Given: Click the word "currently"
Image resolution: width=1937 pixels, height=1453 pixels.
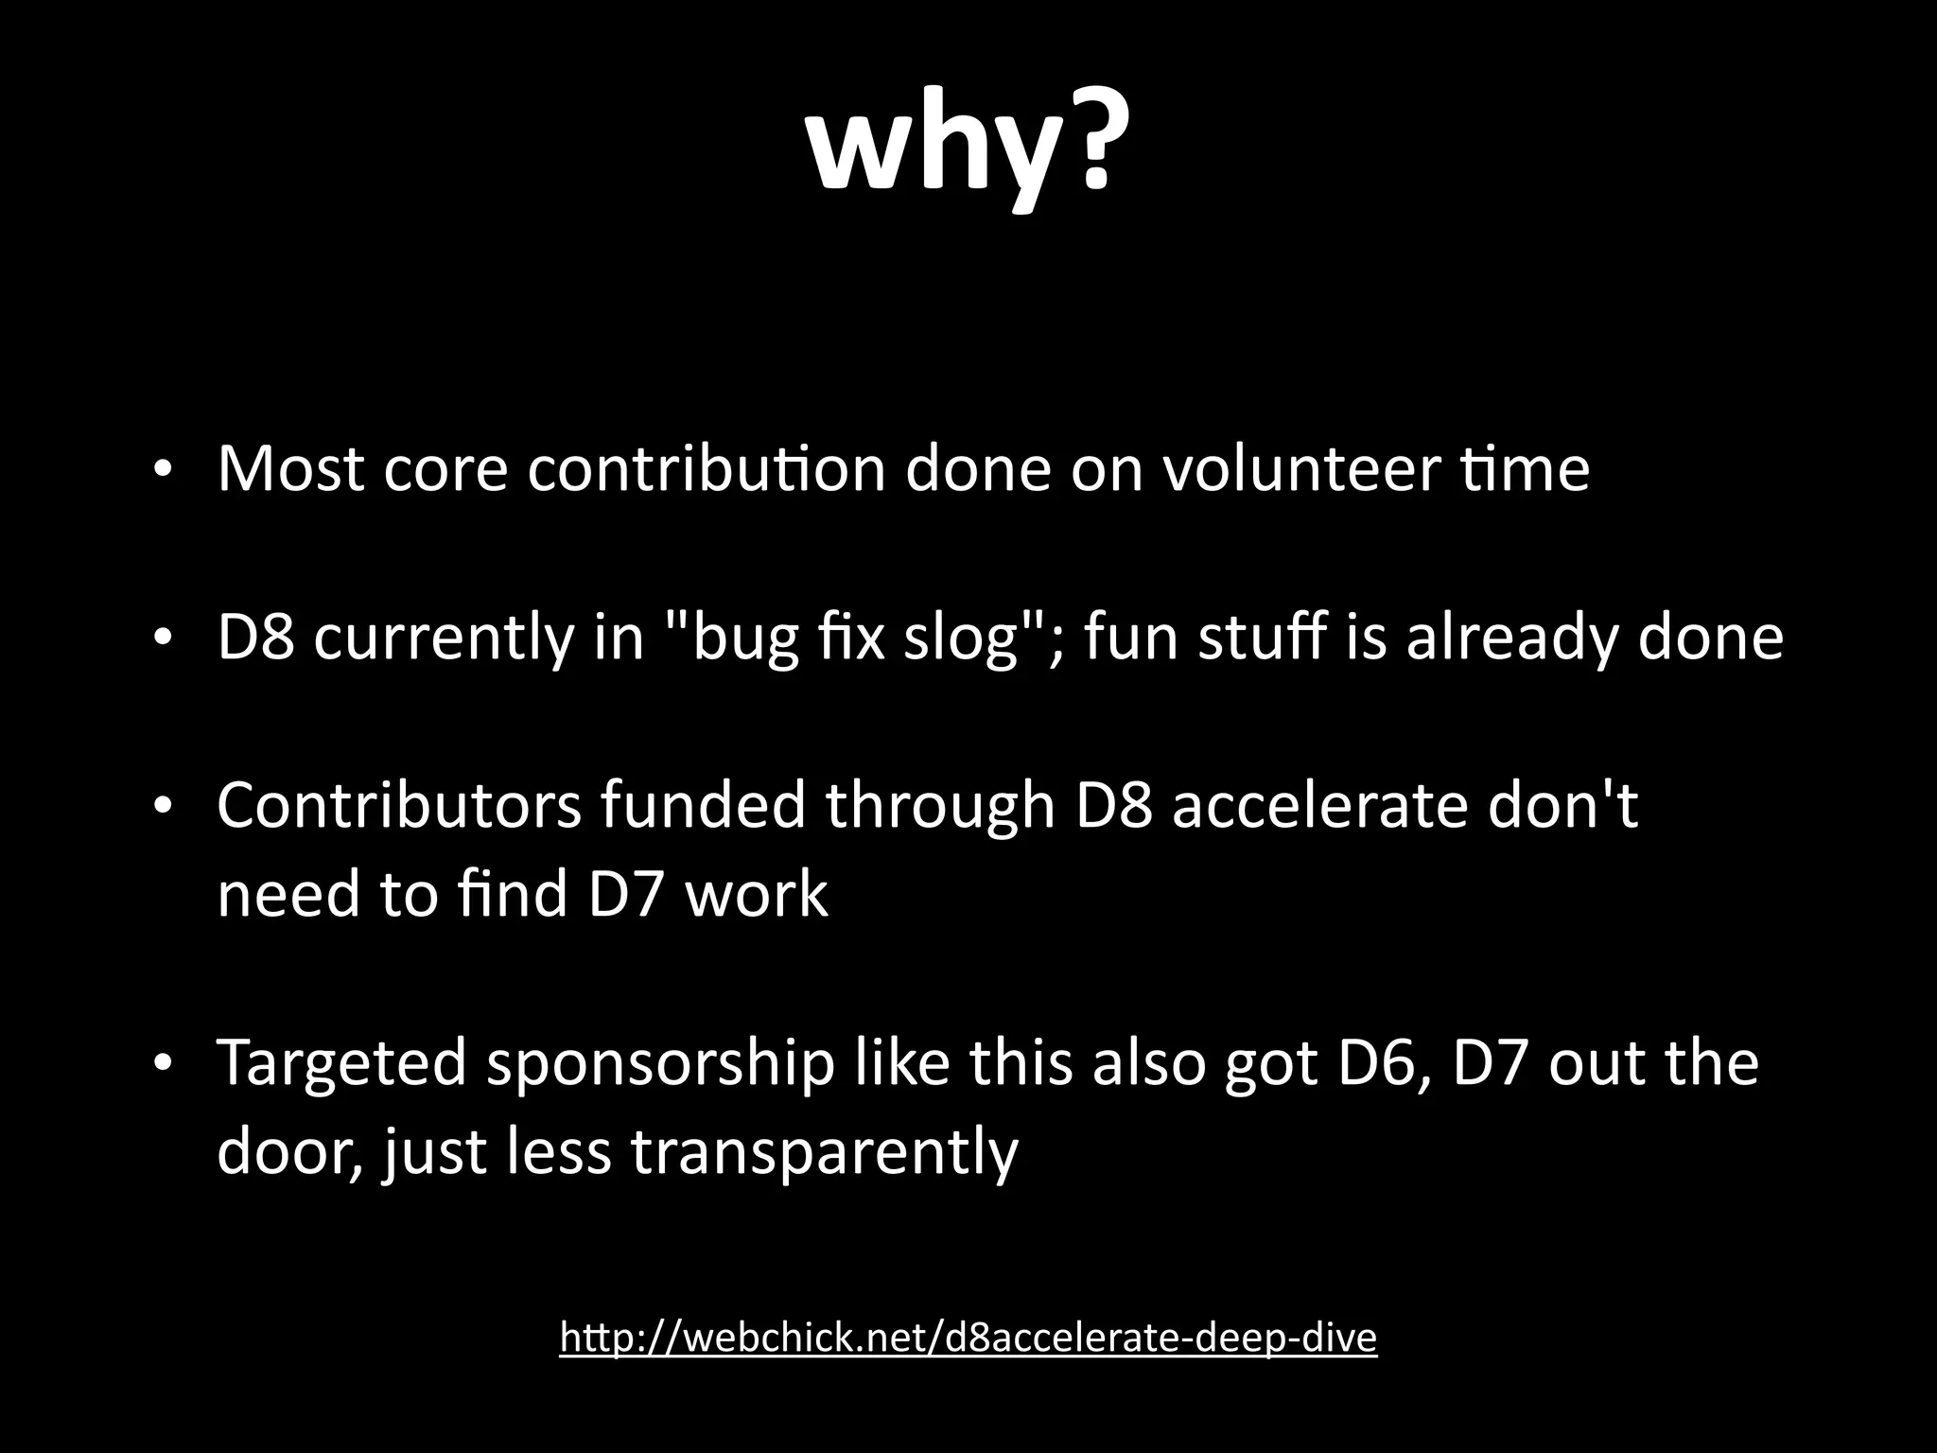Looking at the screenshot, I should pos(443,639).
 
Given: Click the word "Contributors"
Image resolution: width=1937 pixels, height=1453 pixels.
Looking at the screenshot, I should pos(398,806).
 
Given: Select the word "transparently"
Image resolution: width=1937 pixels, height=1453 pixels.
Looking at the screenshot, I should pos(824,1152).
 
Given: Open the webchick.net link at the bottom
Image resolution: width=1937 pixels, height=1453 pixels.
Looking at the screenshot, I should pos(968,1338).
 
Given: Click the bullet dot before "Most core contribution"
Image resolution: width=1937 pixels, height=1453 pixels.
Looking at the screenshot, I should pos(163,470).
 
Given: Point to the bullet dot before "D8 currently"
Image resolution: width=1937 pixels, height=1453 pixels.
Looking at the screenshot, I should pos(163,639).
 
